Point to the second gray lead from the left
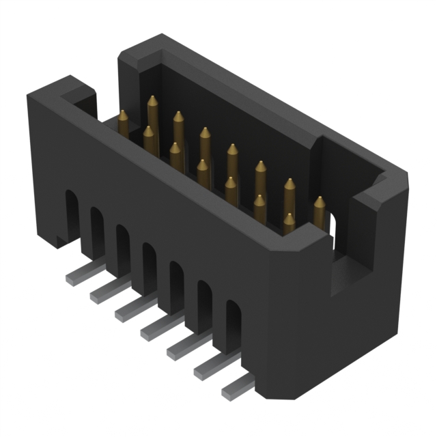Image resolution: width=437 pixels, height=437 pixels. tap(103, 294)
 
